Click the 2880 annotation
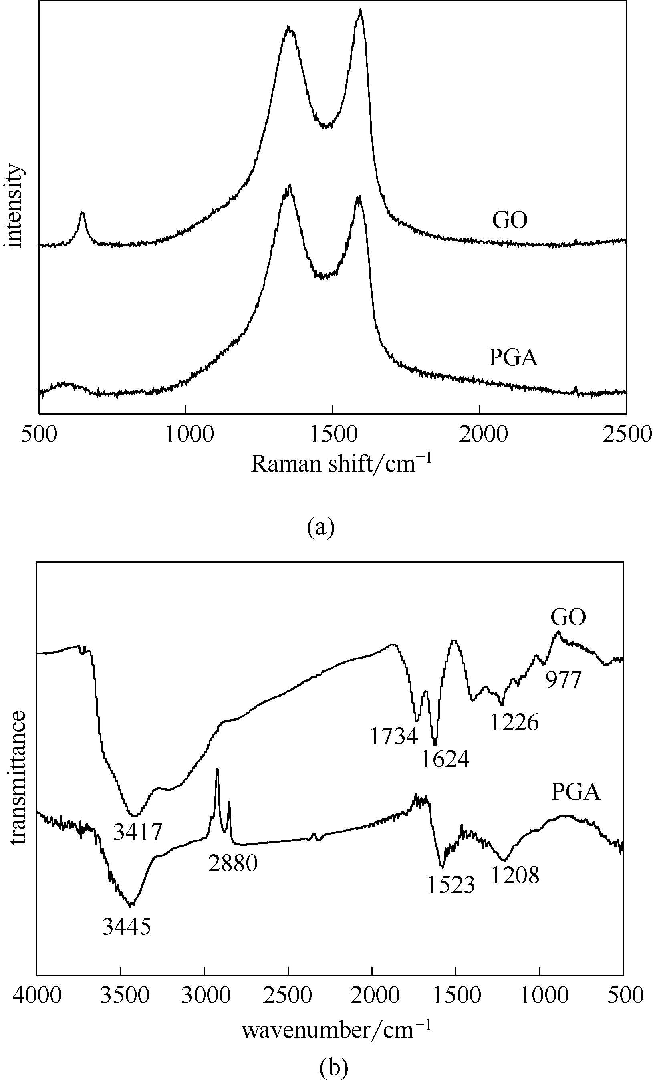(x=232, y=864)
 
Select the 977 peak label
(x=563, y=680)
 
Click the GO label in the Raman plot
(x=509, y=220)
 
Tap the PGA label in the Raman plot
(x=513, y=358)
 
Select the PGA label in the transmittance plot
(x=575, y=792)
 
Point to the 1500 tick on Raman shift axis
(x=333, y=435)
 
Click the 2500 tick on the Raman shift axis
(x=626, y=435)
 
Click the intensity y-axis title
(x=14, y=207)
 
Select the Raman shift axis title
(x=341, y=464)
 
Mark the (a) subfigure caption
(x=321, y=526)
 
